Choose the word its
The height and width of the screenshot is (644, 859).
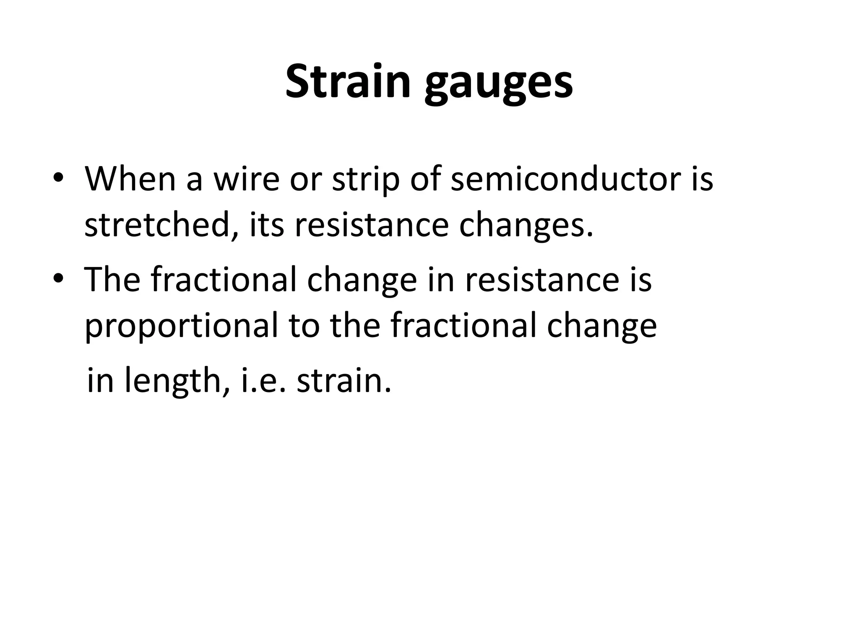pos(267,225)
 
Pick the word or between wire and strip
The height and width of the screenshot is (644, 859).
pos(305,179)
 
